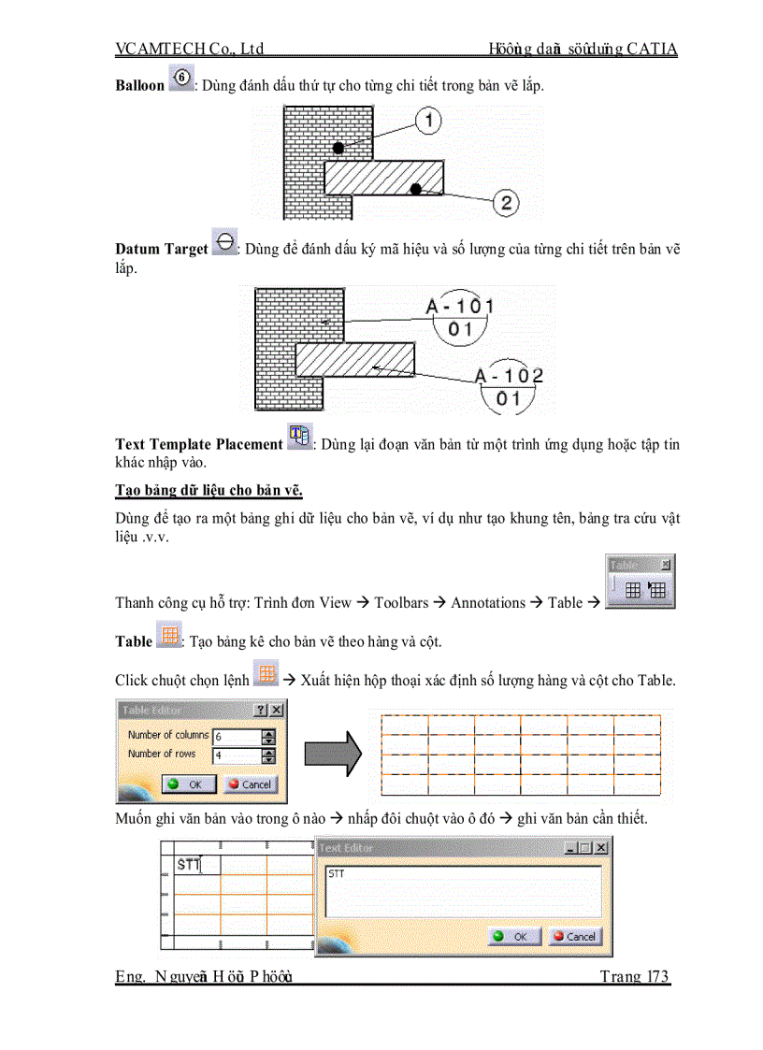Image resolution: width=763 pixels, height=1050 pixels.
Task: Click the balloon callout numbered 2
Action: pos(505,202)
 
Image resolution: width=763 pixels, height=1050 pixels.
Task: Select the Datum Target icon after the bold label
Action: pos(224,243)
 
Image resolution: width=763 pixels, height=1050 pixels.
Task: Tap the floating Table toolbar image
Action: pos(641,582)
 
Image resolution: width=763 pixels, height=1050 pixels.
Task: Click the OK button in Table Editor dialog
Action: pos(188,784)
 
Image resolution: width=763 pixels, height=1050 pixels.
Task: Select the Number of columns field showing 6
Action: pos(236,737)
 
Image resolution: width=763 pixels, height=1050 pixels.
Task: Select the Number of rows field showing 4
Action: pos(236,755)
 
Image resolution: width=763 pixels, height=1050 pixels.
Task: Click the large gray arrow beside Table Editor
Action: pos(333,751)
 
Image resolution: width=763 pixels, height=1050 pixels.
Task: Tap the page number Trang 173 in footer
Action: pos(634,977)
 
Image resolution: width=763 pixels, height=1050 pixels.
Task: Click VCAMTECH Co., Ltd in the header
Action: pos(190,49)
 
